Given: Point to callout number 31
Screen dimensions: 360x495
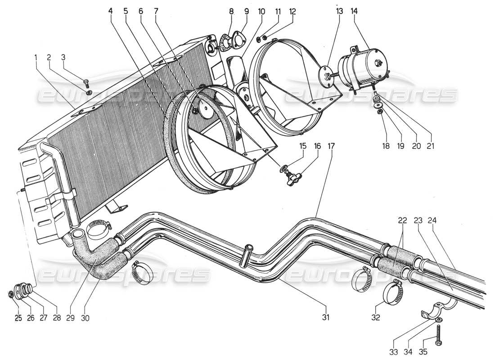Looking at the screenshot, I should point(325,318).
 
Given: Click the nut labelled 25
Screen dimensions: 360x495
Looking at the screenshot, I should point(11,294).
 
